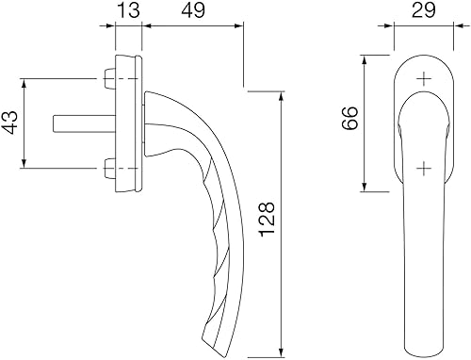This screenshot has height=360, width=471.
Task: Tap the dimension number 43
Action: point(10,124)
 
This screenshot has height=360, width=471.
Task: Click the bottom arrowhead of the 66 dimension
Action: point(365,188)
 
